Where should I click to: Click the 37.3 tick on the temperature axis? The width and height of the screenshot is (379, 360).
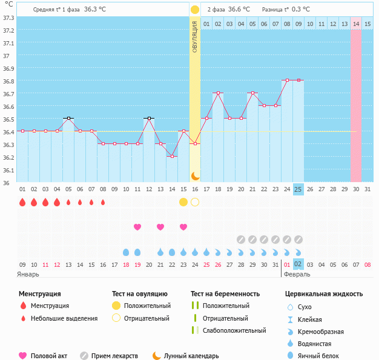pos(9,17)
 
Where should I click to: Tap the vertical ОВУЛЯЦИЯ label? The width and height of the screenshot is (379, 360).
pos(195,37)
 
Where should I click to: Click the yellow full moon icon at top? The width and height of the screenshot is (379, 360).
pos(195,10)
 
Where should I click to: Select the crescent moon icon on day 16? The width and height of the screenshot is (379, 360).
pos(195,175)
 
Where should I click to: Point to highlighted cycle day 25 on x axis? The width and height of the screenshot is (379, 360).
pos(298,189)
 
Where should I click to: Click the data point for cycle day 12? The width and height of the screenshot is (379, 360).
pos(149,118)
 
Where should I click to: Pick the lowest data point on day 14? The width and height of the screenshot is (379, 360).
pos(172,156)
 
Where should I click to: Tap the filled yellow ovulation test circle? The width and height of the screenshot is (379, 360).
pos(183,202)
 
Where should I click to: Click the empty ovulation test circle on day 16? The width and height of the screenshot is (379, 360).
pos(195,202)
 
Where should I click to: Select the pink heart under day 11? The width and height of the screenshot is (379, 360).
pos(137,227)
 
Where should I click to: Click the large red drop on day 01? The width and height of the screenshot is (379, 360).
pos(22,202)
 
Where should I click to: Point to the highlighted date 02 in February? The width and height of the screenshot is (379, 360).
pos(298,264)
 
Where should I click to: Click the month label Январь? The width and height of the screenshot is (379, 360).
pos(28,274)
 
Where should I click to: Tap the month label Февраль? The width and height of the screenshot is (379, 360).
pos(297,274)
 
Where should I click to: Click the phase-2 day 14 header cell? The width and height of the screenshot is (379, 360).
pos(356,24)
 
